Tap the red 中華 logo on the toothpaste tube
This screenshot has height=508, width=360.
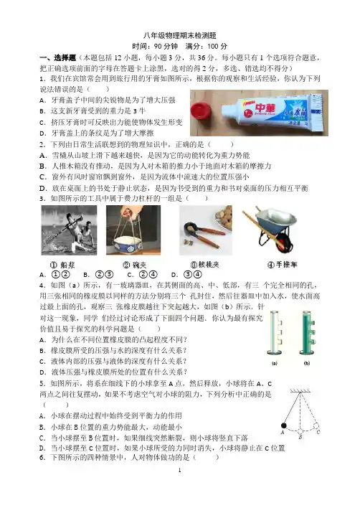(265, 108)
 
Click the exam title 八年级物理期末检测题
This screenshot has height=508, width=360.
(180, 35)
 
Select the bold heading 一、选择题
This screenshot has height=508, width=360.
(58, 58)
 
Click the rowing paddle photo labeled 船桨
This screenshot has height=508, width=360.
(69, 230)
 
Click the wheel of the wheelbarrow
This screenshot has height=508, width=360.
(281, 240)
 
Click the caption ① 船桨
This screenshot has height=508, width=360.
(62, 265)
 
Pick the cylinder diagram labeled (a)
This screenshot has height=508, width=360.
(275, 332)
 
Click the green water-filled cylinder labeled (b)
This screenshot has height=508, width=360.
(307, 332)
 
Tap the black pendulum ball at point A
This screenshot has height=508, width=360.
(284, 425)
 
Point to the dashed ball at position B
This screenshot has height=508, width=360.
(300, 431)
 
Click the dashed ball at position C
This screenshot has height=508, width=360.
(316, 425)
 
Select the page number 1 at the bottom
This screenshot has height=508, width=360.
(180, 470)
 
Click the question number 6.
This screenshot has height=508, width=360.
(42, 457)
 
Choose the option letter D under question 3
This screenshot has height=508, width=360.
(174, 275)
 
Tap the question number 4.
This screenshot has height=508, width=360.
(42, 285)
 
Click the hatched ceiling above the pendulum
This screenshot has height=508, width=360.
(300, 390)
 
